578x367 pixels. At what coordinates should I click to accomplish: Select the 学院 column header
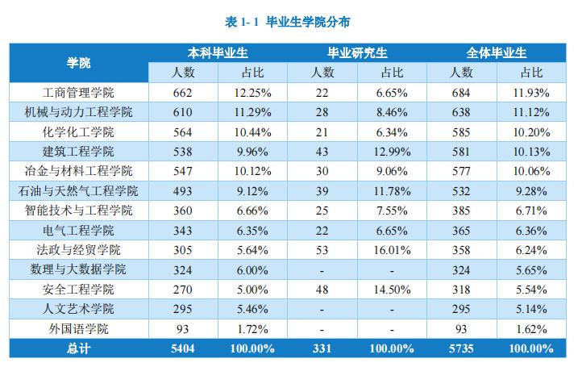[79, 62]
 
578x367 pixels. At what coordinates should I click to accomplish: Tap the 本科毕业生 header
[218, 52]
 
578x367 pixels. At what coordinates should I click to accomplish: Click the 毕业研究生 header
[356, 52]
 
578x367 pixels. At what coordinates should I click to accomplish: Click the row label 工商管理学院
[79, 92]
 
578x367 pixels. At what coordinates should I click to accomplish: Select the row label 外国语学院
[79, 328]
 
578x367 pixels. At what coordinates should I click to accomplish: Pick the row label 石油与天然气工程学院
[79, 190]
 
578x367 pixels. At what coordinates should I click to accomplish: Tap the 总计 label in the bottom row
[79, 348]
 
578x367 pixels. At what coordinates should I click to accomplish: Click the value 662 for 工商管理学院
[183, 92]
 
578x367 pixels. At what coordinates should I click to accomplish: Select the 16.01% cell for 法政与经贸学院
[392, 250]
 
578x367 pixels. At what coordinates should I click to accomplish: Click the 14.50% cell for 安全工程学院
[392, 289]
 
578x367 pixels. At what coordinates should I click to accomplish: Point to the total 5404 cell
[183, 348]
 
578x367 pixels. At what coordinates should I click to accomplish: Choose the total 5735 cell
[461, 348]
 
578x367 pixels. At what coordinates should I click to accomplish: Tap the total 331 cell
[322, 348]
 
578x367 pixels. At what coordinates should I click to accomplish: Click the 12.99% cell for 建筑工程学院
[392, 151]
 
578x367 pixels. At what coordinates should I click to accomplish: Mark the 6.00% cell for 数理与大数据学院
[252, 269]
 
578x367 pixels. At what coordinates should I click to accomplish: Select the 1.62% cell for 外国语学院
[531, 328]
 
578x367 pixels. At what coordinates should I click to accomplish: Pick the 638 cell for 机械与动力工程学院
[461, 111]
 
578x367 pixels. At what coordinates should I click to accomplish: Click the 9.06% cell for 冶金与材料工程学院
[392, 171]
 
